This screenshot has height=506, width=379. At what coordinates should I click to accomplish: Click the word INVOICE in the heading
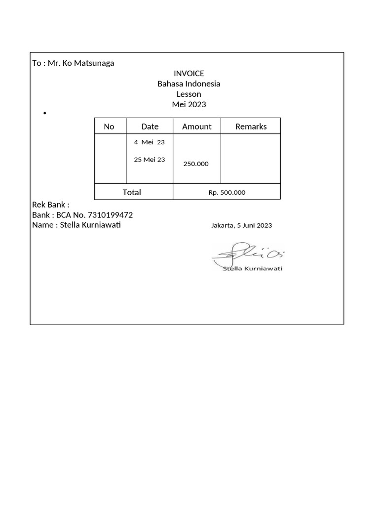pos(189,74)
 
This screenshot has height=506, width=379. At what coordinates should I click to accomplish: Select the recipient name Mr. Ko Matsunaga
pos(81,63)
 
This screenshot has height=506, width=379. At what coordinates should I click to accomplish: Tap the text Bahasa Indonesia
pos(189,84)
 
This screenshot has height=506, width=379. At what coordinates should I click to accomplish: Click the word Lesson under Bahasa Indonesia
pos(189,94)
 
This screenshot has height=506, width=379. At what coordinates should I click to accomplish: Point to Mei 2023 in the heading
pos(189,105)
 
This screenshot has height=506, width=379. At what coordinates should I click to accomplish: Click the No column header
pos(109,126)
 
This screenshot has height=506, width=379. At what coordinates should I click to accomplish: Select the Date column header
pos(150,126)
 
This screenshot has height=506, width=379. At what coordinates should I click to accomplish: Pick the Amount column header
pos(196,126)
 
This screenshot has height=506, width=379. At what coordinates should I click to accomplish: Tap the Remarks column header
pos(251,126)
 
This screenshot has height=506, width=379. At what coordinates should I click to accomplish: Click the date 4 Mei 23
pos(149,142)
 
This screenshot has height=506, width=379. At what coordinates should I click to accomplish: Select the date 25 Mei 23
pos(149,160)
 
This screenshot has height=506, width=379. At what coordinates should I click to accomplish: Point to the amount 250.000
pos(196,164)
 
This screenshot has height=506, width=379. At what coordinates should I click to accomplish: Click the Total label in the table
pos(132,192)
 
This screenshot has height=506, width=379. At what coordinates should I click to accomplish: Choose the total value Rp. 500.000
pos(227,193)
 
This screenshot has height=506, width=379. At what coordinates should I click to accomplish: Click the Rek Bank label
pos(50,205)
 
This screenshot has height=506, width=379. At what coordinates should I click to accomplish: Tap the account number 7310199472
pos(110,215)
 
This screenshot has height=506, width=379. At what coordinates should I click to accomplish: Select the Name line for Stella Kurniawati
pos(76,225)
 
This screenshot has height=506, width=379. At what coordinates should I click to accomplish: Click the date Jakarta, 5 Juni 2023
pos(241,225)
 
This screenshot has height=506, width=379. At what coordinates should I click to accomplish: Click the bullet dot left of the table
pos(44,114)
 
